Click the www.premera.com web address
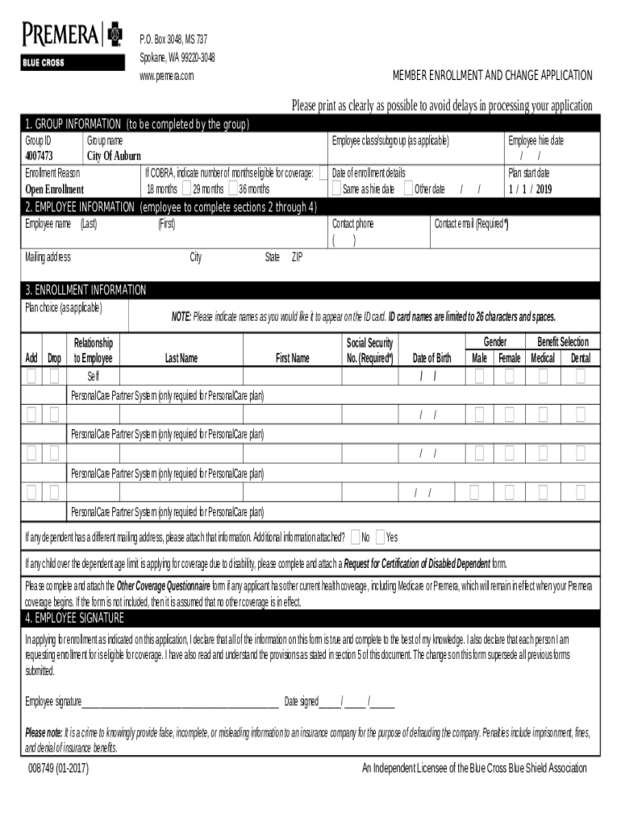point(167,76)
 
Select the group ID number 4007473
point(39,156)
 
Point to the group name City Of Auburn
point(114,156)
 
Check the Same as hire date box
point(336,189)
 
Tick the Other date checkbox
point(408,189)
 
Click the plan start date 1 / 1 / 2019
point(530,189)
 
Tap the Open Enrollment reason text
point(54,190)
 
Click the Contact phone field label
point(352,223)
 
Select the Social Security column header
point(369,350)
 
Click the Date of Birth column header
point(431,358)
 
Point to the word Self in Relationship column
point(94,376)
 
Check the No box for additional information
point(355,536)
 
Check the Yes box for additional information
point(380,536)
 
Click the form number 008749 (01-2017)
point(58,768)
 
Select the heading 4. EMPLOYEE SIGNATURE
point(74,619)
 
